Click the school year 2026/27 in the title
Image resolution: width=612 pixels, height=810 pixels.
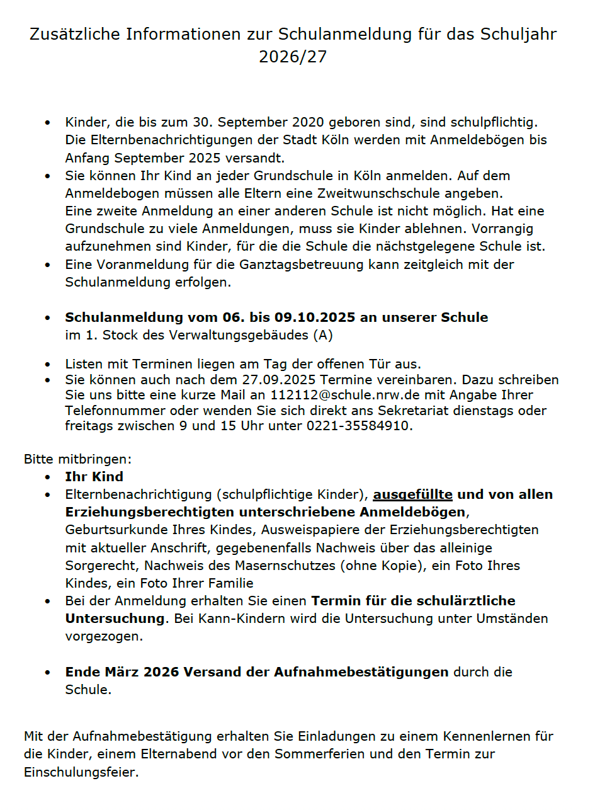tap(293, 57)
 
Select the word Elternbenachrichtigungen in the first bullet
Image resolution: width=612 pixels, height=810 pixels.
tap(177, 140)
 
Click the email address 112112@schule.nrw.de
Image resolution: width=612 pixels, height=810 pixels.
tap(338, 395)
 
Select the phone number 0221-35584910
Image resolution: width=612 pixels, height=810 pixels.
tap(358, 426)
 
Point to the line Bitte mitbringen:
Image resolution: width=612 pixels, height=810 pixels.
tap(77, 459)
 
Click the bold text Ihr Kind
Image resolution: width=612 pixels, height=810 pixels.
tap(94, 477)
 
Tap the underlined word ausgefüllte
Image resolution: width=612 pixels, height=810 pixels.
tap(412, 494)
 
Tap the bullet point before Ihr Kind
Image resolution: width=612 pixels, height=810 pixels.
tap(48, 477)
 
